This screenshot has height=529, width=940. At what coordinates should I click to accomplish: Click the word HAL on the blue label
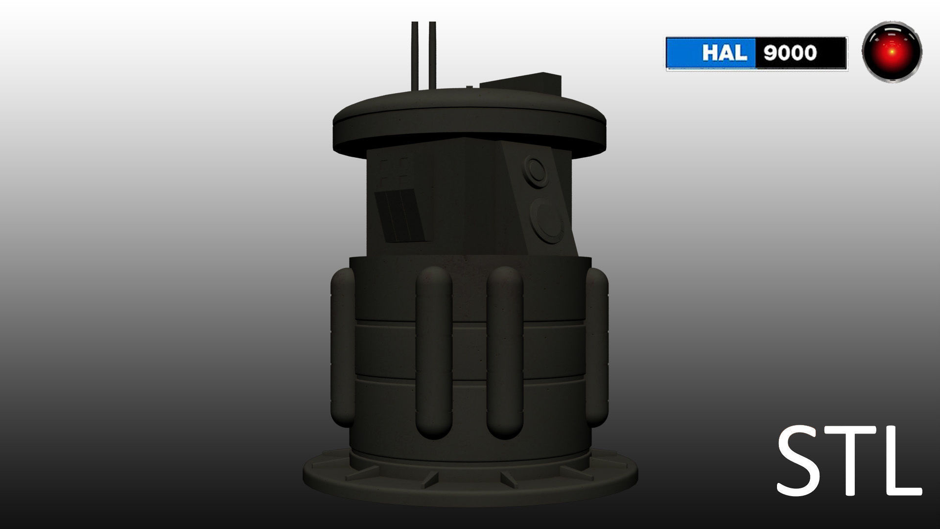point(725,53)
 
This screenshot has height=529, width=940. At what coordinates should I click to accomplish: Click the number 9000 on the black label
point(790,53)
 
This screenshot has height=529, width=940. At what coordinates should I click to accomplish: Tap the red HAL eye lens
point(892,51)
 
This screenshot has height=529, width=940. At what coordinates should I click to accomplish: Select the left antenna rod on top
point(415,54)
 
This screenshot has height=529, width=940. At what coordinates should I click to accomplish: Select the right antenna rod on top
point(432,54)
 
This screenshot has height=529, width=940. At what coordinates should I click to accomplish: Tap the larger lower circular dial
point(547,220)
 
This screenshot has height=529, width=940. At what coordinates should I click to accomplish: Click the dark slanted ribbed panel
point(399,216)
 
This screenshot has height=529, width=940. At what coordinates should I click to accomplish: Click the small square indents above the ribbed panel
point(395,168)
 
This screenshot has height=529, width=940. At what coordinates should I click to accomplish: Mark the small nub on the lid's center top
point(469,87)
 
